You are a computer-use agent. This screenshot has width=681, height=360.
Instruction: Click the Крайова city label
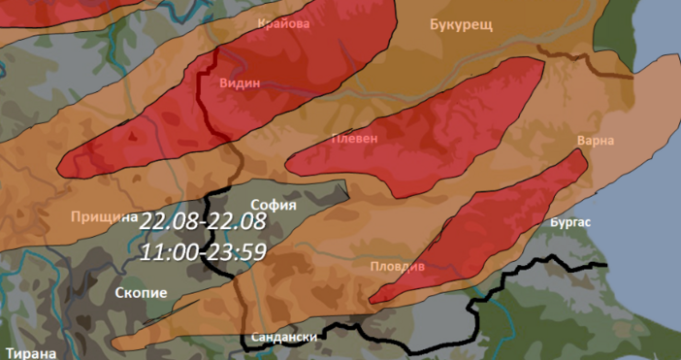point(285,23)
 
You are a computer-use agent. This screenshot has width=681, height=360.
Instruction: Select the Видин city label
point(241,83)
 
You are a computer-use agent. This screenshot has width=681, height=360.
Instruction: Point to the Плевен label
point(354,138)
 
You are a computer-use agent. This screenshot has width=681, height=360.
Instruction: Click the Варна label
point(595,141)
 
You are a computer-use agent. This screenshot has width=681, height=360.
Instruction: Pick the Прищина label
point(105,216)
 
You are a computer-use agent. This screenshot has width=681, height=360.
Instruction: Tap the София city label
point(273,205)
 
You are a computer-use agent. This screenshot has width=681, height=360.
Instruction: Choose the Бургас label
point(569,222)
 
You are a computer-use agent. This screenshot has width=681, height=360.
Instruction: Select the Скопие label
point(142,292)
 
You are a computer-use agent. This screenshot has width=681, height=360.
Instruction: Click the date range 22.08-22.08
point(203,222)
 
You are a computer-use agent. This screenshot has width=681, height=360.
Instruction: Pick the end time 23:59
point(236,251)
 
